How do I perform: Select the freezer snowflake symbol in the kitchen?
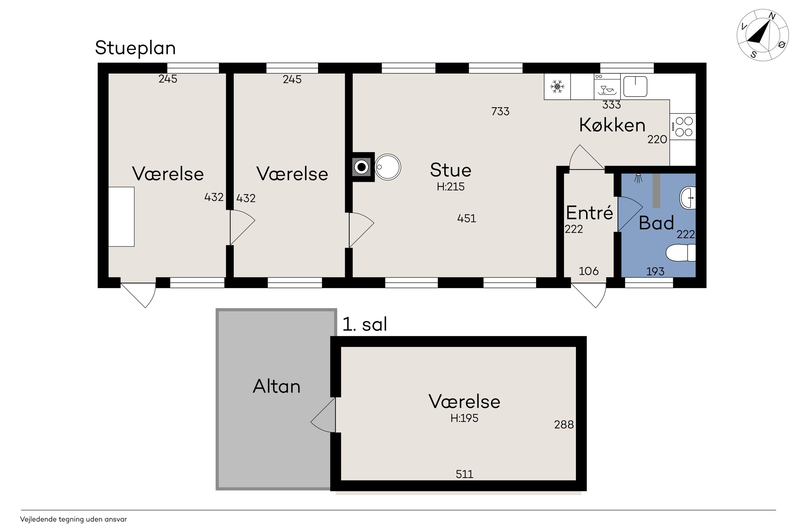pyautogui.click(x=557, y=87)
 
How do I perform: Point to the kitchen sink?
pyautogui.click(x=635, y=86)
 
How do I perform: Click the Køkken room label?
pyautogui.click(x=612, y=125)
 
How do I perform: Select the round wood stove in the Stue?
pyautogui.click(x=388, y=167)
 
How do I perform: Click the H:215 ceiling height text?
pyautogui.click(x=451, y=187)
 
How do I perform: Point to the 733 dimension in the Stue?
pyautogui.click(x=500, y=112)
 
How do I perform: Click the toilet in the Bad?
pyautogui.click(x=681, y=253)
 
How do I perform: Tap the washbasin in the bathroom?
pyautogui.click(x=688, y=197)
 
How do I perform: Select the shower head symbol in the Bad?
pyautogui.click(x=639, y=178)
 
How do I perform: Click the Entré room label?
pyautogui.click(x=589, y=213)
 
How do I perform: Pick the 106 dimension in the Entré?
pyautogui.click(x=589, y=271)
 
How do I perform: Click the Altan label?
pyautogui.click(x=277, y=386)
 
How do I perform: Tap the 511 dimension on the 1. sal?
pyautogui.click(x=464, y=474)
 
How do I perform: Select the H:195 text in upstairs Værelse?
pyautogui.click(x=464, y=418)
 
